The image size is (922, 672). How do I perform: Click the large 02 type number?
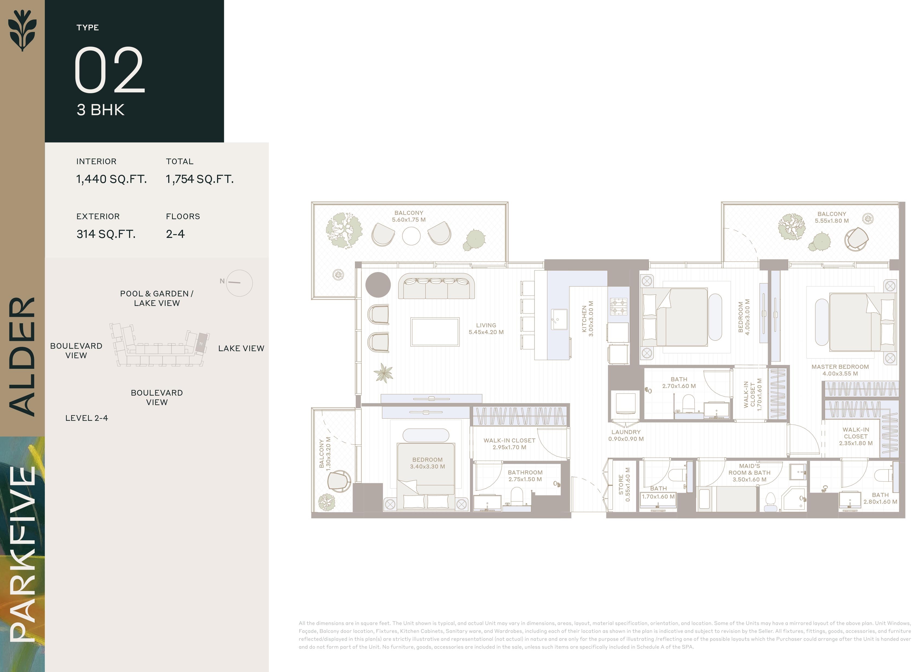click(x=109, y=70)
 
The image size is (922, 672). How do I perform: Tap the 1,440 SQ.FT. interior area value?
click(x=111, y=179)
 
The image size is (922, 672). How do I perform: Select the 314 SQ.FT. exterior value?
click(x=106, y=234)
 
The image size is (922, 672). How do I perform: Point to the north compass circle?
click(x=239, y=283)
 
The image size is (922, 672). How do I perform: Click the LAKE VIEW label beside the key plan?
click(x=241, y=348)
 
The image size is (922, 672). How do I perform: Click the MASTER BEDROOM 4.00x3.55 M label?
click(x=840, y=370)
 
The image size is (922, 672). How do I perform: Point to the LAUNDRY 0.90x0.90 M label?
click(x=626, y=435)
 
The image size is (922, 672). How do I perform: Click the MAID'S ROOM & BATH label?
click(x=749, y=473)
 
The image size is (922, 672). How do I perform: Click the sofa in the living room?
click(x=436, y=287)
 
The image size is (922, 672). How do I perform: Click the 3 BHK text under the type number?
click(x=101, y=110)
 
